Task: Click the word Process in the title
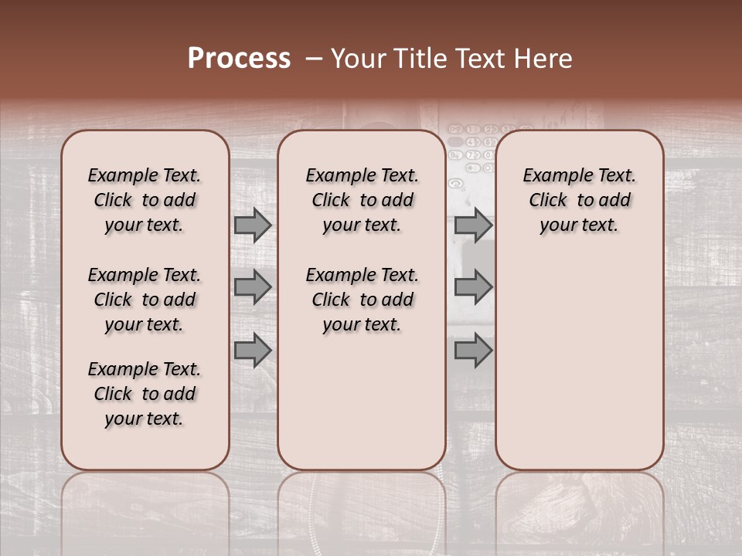(x=239, y=59)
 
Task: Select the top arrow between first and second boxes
(x=253, y=225)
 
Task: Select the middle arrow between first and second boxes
(x=253, y=287)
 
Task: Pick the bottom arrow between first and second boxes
(x=253, y=351)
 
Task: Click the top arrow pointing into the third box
(x=473, y=225)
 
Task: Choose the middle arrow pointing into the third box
(x=473, y=287)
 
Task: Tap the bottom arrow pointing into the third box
(x=473, y=351)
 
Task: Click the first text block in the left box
(x=145, y=200)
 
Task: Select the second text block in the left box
(x=145, y=300)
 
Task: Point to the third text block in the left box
(x=145, y=394)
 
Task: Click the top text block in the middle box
(x=362, y=200)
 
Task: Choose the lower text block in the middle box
(x=362, y=300)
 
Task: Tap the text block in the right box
(x=580, y=200)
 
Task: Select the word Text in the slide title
(x=476, y=59)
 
